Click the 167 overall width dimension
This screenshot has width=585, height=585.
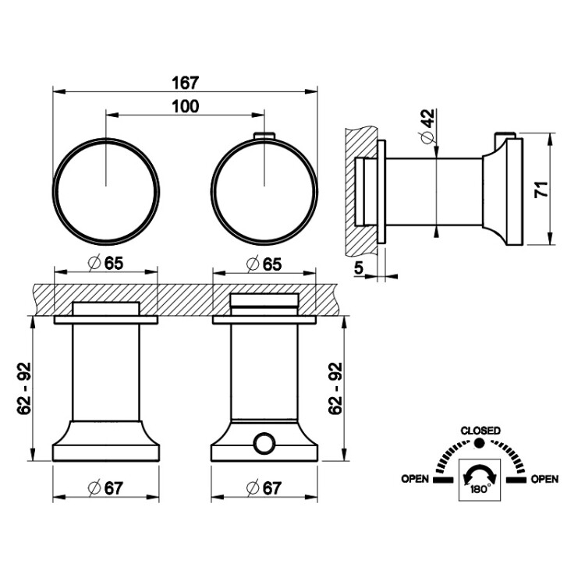pos(186,83)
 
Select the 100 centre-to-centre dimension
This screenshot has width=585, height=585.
pos(186,107)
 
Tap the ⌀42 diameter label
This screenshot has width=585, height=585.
pos(428,126)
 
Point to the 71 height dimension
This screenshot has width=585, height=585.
pos(542,190)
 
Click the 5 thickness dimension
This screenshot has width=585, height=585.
pos(359,268)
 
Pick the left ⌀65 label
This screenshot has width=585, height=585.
pos(106,264)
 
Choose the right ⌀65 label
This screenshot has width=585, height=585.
pos(264,264)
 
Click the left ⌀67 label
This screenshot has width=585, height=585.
pos(105,488)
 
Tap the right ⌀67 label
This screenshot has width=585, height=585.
pos(264,488)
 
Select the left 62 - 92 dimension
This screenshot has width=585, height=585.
pos(23,388)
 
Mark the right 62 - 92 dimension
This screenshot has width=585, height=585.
pos(335,388)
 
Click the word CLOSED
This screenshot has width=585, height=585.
pos(480,431)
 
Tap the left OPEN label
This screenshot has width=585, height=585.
pos(415,479)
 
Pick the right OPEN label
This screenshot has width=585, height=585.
pos(544,479)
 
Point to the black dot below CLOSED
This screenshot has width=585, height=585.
pos(479,443)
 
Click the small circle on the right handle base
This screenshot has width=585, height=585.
pos(264,443)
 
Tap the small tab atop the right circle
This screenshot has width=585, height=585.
pos(264,136)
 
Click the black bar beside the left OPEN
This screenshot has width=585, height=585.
pos(443,480)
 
